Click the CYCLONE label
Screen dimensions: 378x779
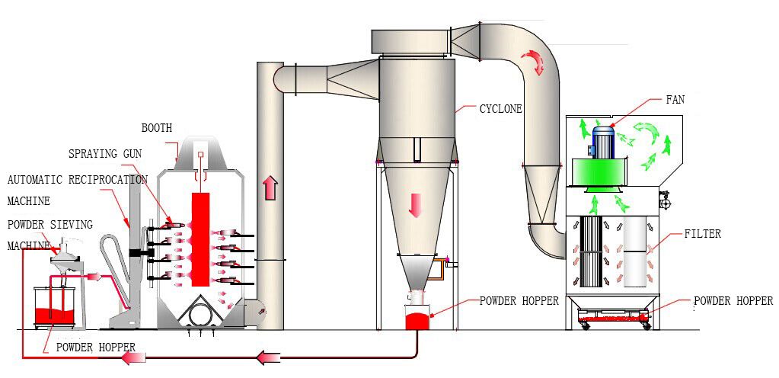[x=500, y=109]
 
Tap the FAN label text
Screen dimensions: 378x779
[x=675, y=100]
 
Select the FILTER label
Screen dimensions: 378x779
[x=703, y=235]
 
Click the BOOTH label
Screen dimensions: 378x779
[x=156, y=127]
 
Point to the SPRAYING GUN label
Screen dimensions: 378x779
[x=104, y=154]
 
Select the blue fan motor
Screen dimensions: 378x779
[x=604, y=142]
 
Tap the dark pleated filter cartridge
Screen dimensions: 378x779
[x=592, y=251]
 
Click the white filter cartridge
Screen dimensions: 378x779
[x=635, y=251]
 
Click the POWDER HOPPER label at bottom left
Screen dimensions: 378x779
[x=95, y=348]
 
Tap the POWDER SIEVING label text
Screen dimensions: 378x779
[x=50, y=224]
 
